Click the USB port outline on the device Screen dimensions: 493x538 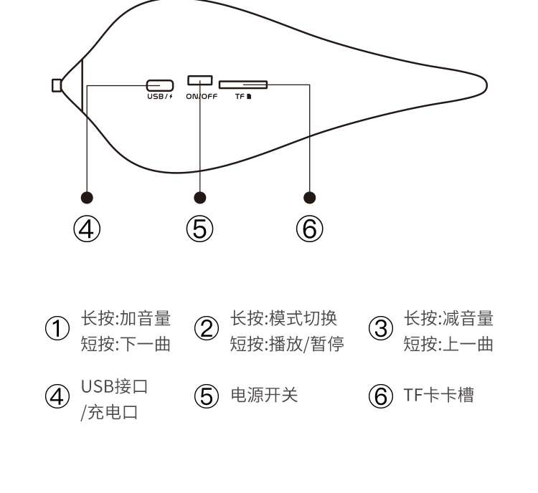click(x=159, y=85)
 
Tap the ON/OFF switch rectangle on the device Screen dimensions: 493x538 click(x=200, y=80)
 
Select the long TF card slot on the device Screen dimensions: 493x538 click(x=243, y=85)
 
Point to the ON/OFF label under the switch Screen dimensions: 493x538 click(x=201, y=96)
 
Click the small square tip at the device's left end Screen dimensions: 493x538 click(x=57, y=85)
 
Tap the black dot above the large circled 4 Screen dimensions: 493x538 click(x=87, y=197)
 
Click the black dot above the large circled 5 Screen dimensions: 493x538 click(x=200, y=197)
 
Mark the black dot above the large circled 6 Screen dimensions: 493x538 click(x=310, y=197)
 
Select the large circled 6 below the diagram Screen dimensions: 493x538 click(x=310, y=229)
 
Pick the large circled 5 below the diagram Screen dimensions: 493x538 click(x=200, y=229)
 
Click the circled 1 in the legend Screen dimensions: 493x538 click(x=57, y=330)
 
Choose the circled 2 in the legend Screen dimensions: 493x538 click(x=207, y=330)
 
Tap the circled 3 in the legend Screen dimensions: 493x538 click(x=381, y=330)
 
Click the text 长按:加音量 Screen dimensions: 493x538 click(x=126, y=318)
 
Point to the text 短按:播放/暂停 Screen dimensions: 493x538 click(x=287, y=344)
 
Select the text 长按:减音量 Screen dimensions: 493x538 click(x=448, y=318)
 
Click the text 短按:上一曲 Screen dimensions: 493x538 click(x=448, y=344)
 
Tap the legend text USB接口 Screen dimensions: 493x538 click(x=114, y=387)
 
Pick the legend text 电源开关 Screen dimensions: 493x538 click(x=263, y=395)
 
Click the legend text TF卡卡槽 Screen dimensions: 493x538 click(x=438, y=395)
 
